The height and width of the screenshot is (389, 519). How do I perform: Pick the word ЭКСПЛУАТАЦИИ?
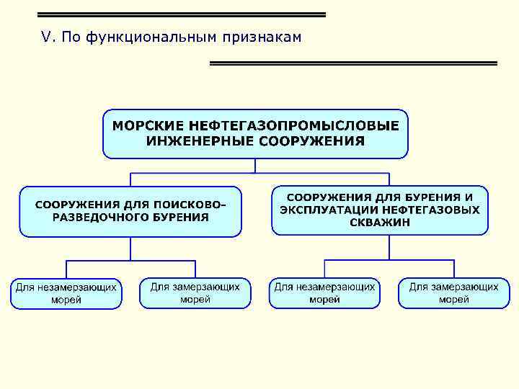[329, 210]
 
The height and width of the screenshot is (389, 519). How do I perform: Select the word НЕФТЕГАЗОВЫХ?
[431, 210]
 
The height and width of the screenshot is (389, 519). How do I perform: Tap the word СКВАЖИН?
[380, 223]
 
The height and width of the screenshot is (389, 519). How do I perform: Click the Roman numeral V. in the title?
[48, 37]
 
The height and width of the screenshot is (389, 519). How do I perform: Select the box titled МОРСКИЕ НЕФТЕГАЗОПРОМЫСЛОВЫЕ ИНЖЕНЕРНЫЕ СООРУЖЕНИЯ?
[255, 133]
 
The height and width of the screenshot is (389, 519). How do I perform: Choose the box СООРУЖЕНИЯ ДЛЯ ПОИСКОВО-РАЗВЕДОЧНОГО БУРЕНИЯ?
[130, 211]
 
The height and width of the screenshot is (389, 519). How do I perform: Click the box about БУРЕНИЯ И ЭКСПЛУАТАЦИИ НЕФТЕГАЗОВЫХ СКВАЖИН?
[380, 210]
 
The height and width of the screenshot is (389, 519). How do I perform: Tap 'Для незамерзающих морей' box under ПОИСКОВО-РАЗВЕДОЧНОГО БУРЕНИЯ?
[66, 293]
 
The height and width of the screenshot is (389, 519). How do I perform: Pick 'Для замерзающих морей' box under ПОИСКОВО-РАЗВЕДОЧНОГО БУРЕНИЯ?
[195, 293]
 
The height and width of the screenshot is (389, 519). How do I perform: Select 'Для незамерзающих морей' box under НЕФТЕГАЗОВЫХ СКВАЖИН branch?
[324, 293]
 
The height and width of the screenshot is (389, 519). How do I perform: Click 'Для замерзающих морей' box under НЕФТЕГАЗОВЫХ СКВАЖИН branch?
[454, 293]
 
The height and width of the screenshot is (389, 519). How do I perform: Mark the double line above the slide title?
[181, 14]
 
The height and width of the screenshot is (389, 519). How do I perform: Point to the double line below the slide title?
[353, 63]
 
